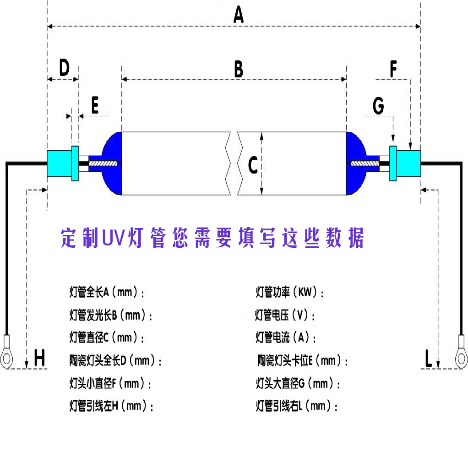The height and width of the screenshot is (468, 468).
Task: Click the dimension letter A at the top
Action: pos(238,15)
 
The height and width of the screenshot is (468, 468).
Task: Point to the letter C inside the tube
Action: pos(252,165)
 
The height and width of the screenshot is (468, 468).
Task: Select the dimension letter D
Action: pos(64,68)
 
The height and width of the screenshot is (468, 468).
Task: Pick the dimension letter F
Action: pos(393,69)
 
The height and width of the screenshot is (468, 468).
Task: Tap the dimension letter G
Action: pos(378,106)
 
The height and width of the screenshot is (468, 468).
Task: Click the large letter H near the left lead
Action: pos(40,358)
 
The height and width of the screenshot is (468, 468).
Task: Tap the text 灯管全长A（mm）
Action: pos(107,292)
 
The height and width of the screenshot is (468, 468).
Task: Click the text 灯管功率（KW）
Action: pos(290,292)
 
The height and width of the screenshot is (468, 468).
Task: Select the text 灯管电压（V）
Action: pos(286,315)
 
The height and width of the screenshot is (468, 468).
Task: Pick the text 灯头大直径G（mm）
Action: pos(298,383)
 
